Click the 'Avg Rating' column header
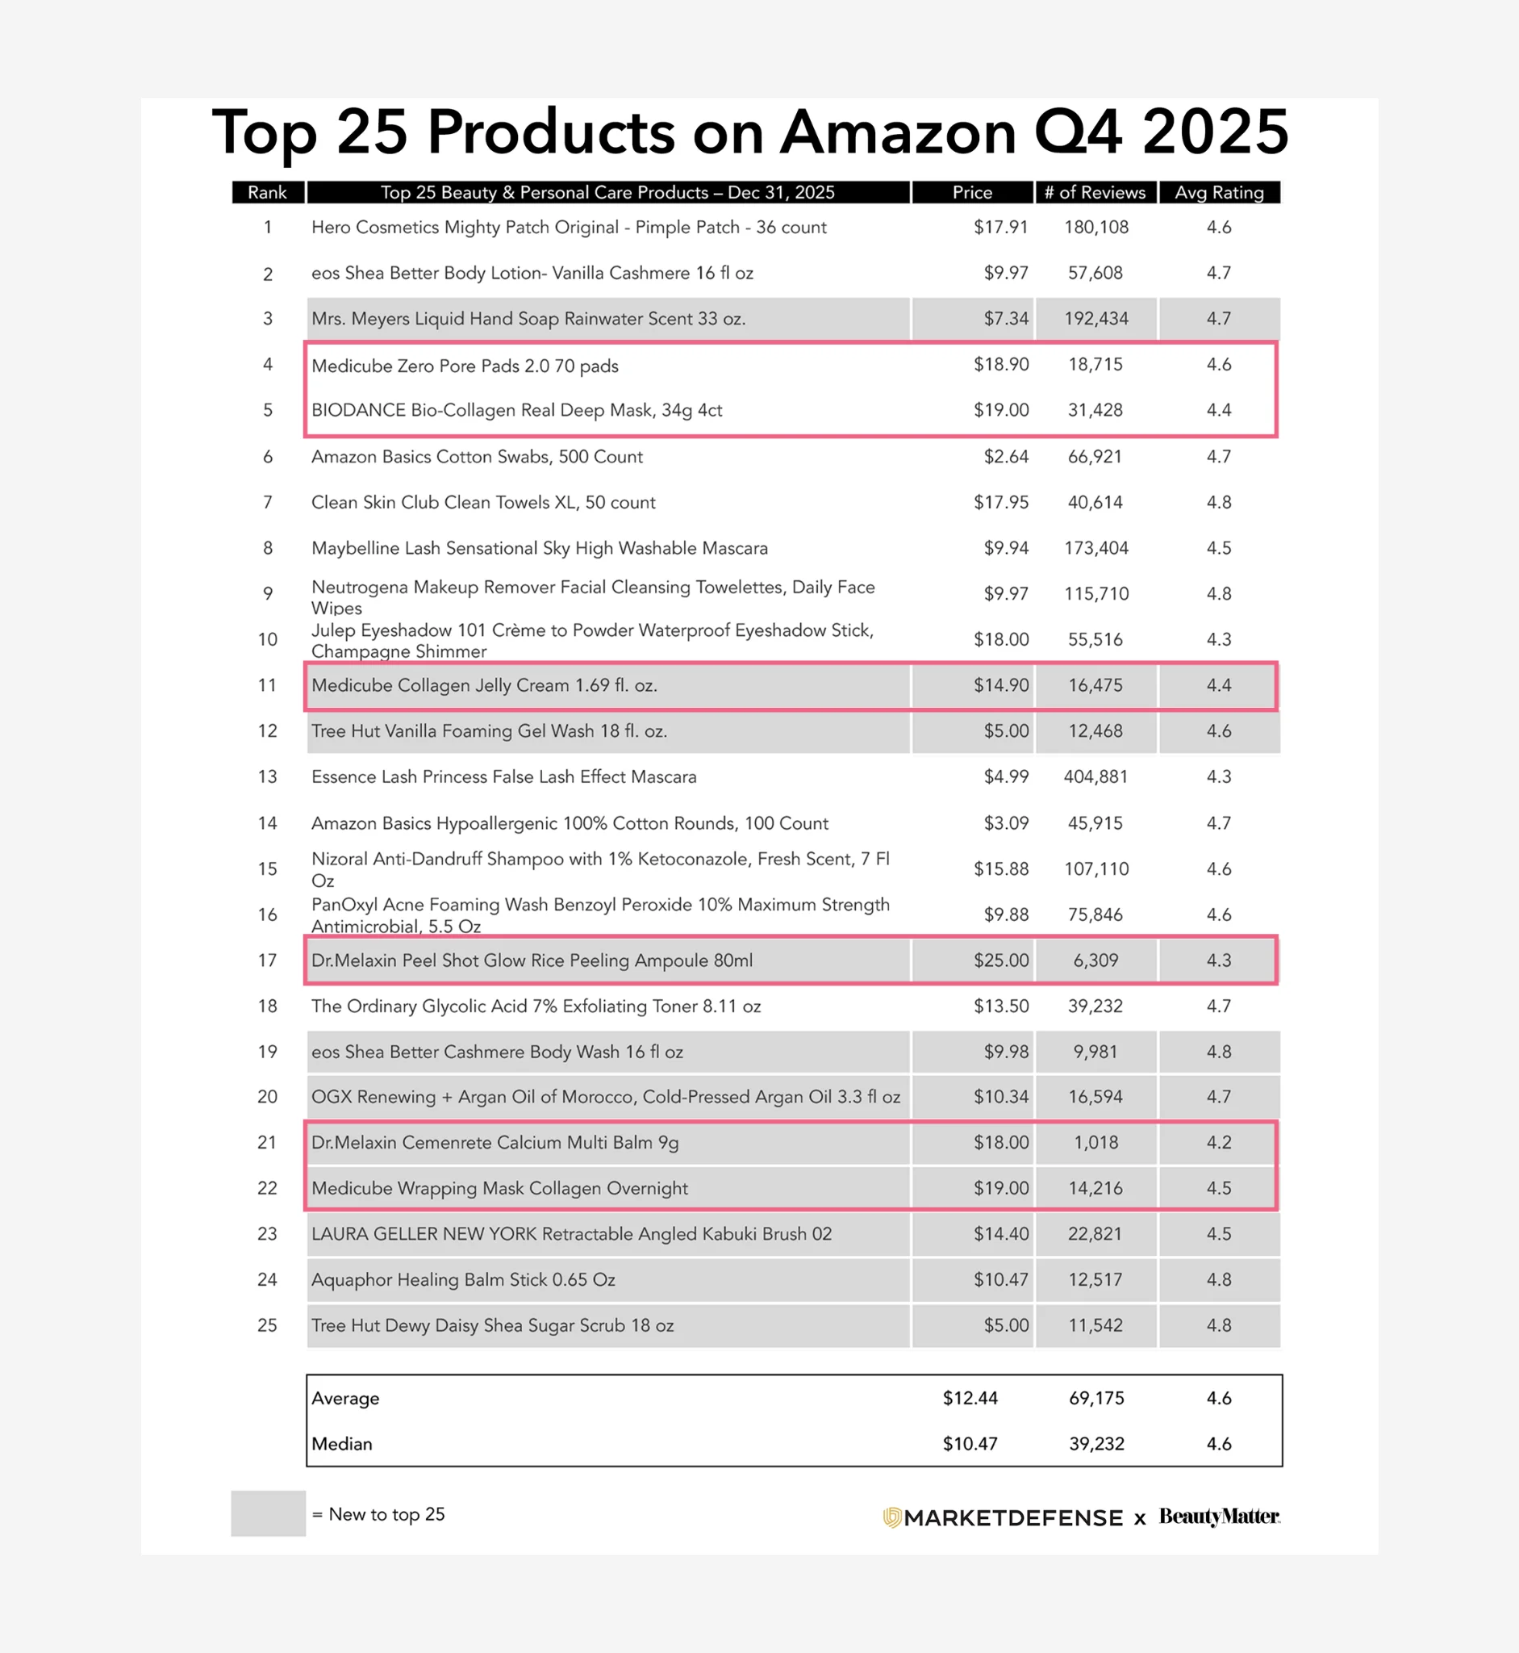[1218, 192]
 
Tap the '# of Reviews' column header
[1095, 192]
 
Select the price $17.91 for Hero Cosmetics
[1000, 227]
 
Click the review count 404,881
[1095, 776]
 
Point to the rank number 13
[267, 776]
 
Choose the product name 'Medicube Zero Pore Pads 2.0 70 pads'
[465, 366]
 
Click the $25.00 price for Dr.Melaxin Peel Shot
[1000, 960]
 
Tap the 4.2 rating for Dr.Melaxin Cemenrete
[1218, 1142]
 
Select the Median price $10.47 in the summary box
[970, 1443]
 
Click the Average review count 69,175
[1095, 1398]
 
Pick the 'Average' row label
[345, 1398]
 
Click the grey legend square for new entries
[268, 1513]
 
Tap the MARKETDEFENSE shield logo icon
[892, 1517]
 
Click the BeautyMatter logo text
[1219, 1516]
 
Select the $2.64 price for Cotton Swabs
[1006, 456]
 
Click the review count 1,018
[1095, 1142]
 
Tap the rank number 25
[267, 1324]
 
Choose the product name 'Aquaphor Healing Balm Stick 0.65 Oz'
[463, 1279]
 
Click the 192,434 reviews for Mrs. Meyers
[1095, 318]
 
